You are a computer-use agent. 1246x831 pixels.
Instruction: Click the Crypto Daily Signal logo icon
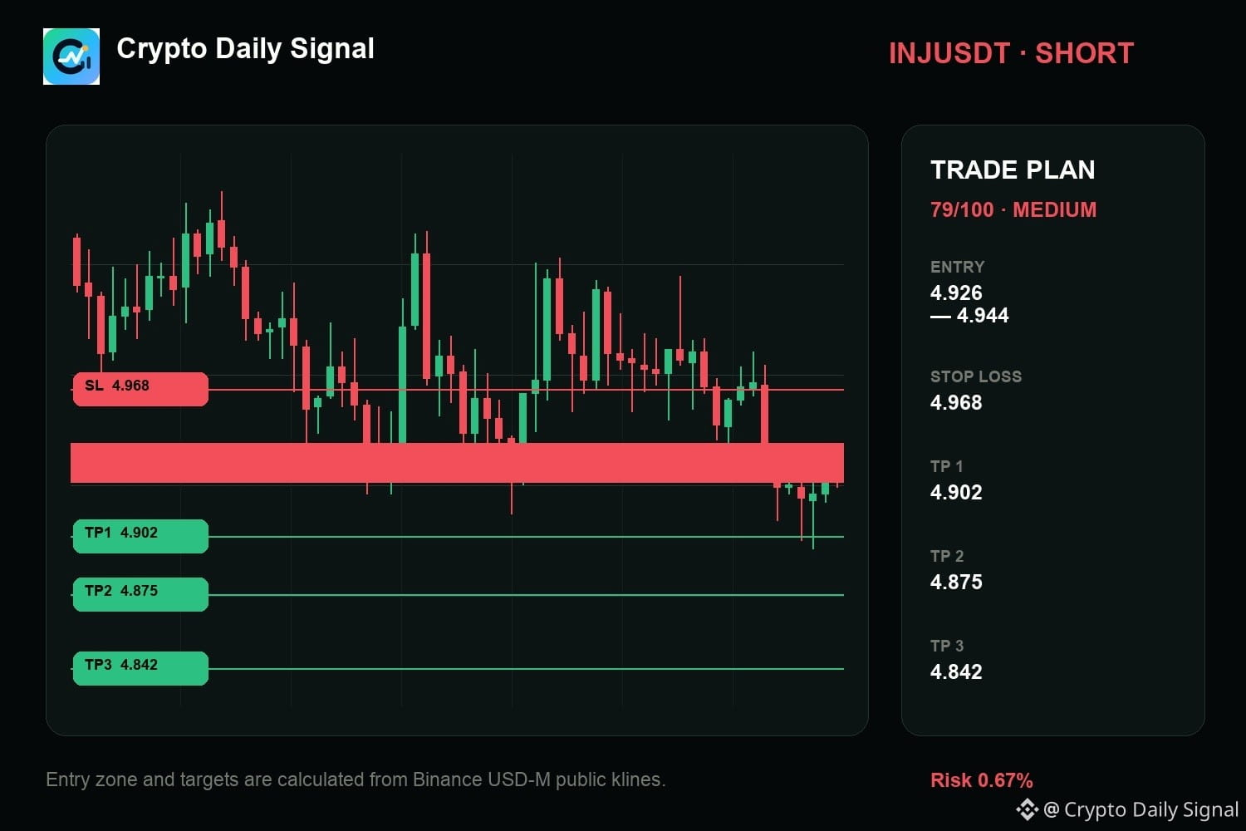(x=71, y=57)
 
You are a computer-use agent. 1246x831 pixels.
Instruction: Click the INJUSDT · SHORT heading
(x=1011, y=53)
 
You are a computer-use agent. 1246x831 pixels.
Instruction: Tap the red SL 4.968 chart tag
(x=140, y=389)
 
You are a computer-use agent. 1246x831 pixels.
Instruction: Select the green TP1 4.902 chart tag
(x=140, y=535)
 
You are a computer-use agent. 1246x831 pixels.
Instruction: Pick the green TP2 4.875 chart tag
(x=140, y=594)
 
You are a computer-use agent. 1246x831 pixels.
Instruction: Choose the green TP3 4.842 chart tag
(x=140, y=668)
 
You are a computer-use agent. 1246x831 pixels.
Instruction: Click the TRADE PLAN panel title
(x=1013, y=170)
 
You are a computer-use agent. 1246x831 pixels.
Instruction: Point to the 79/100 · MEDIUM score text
(x=1013, y=210)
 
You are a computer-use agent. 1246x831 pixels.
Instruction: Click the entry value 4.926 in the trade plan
(x=956, y=293)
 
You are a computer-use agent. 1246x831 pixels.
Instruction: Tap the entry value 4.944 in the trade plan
(x=983, y=316)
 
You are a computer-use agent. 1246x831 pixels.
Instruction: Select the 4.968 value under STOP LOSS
(x=956, y=402)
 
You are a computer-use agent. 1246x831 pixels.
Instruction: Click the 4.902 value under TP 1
(x=956, y=492)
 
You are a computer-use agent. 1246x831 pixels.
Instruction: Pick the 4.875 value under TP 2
(x=956, y=583)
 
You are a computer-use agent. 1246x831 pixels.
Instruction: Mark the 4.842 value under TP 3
(x=956, y=671)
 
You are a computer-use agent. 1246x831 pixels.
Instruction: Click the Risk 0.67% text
(x=981, y=780)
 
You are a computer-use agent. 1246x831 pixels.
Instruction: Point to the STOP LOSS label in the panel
(x=976, y=376)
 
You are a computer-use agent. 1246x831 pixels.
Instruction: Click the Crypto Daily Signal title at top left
(x=245, y=49)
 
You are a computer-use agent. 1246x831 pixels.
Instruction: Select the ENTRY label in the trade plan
(x=957, y=268)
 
